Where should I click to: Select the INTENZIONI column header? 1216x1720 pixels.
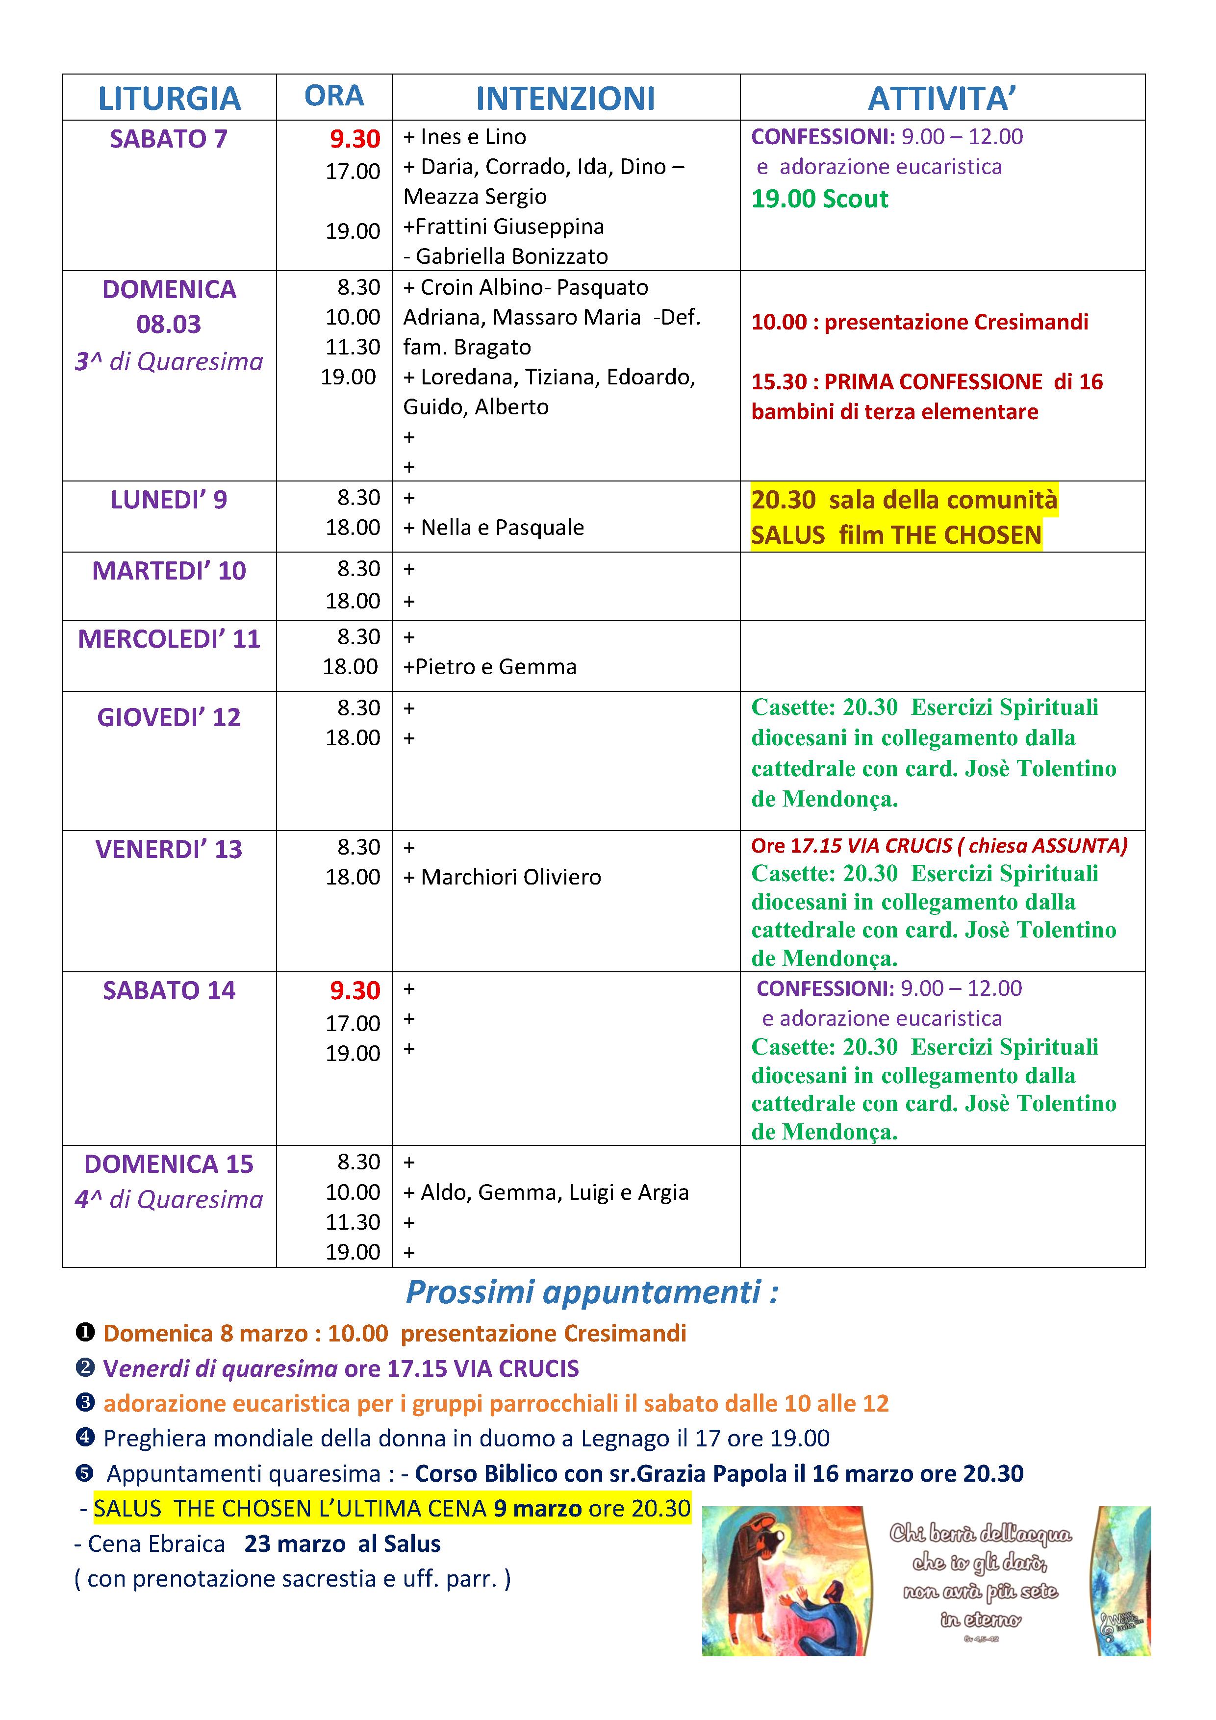pyautogui.click(x=566, y=98)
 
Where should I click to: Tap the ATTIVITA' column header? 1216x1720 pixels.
pyautogui.click(x=942, y=98)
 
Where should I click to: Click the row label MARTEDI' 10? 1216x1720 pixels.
pyautogui.click(x=169, y=571)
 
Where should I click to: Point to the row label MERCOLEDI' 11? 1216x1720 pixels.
pyautogui.click(x=169, y=639)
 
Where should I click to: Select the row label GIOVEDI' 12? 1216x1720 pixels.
pyautogui.click(x=169, y=718)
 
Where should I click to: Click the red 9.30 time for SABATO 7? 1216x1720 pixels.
pyautogui.click(x=355, y=139)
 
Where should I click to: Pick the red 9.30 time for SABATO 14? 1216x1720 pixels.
pyautogui.click(x=355, y=990)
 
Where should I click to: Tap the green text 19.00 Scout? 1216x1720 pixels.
pyautogui.click(x=820, y=199)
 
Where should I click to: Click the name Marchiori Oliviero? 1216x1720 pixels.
pyautogui.click(x=511, y=877)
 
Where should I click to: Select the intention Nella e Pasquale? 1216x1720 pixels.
pyautogui.click(x=502, y=528)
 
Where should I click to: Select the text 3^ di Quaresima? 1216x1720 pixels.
pyautogui.click(x=169, y=362)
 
